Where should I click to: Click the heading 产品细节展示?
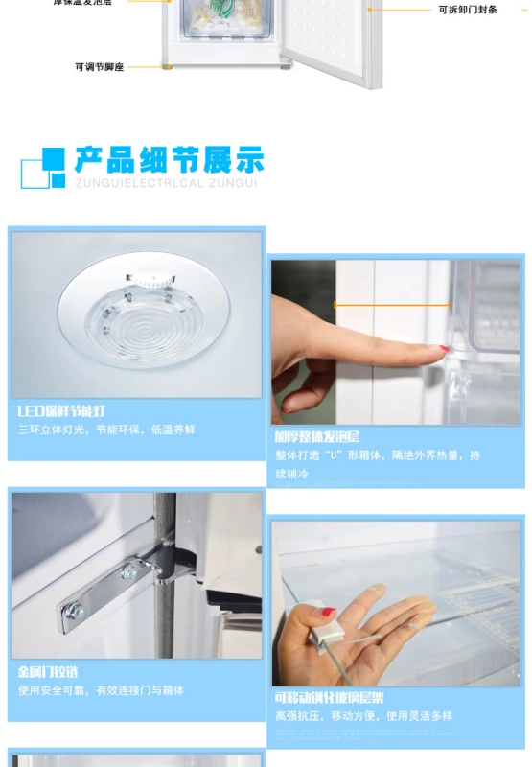tap(169, 159)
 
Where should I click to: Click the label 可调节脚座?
tap(99, 67)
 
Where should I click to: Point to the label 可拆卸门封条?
tap(468, 10)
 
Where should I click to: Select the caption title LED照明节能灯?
tap(61, 411)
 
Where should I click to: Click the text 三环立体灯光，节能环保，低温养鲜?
tap(105, 430)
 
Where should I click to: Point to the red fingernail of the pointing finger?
tap(444, 349)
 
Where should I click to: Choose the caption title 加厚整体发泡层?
tap(317, 436)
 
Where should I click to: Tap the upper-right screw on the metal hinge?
tap(127, 573)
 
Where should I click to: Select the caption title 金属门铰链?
tap(48, 671)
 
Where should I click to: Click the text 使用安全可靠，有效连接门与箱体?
tap(100, 689)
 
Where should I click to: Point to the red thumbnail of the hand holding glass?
tap(328, 611)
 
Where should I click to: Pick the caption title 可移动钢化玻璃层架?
tap(329, 697)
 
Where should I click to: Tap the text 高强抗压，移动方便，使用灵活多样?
tap(363, 715)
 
